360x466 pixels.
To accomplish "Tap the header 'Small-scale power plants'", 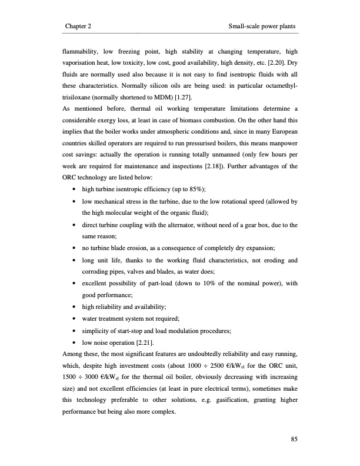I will tap(261, 27).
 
